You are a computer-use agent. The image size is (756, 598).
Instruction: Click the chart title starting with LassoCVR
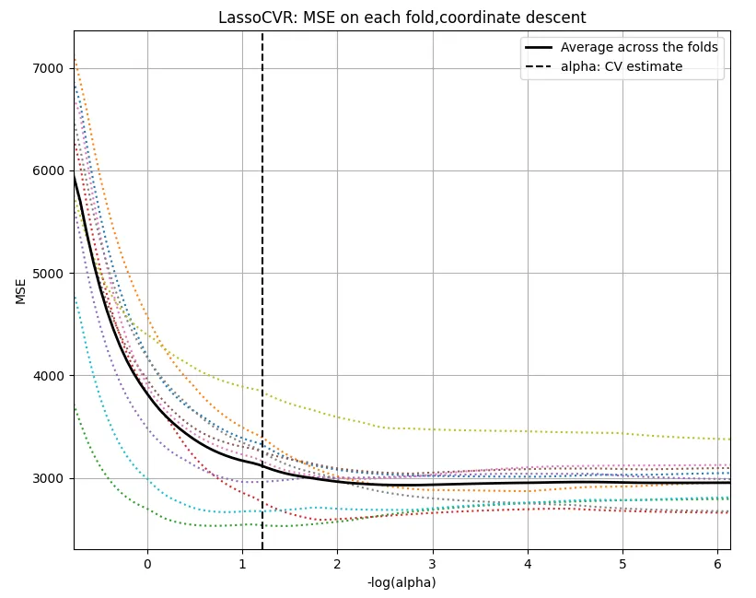tap(401, 18)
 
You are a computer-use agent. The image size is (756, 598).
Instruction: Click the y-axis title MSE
tap(20, 291)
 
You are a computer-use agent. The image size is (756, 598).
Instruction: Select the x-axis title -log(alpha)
tap(401, 582)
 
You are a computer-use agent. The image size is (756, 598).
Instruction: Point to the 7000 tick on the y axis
tap(49, 68)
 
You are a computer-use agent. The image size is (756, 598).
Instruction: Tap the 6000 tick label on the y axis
tap(49, 170)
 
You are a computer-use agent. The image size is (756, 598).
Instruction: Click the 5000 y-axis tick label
tap(49, 274)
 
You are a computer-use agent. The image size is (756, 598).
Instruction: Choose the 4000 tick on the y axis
tap(49, 376)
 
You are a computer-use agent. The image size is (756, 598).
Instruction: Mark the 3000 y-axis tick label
tap(49, 478)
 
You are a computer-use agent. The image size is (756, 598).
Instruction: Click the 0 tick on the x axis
tap(147, 562)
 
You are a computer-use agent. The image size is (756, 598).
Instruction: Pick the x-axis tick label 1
tap(242, 562)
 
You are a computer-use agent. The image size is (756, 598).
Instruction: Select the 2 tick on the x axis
tap(337, 562)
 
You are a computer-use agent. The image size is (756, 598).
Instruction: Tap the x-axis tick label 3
tap(432, 562)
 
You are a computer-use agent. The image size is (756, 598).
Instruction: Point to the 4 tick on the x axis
tap(528, 562)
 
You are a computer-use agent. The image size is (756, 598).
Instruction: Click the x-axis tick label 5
tap(622, 562)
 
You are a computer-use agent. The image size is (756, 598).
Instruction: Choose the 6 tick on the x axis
tap(717, 562)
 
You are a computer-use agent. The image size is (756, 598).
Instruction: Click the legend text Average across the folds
tap(639, 48)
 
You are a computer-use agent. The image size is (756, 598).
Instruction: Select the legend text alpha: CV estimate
tap(622, 66)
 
